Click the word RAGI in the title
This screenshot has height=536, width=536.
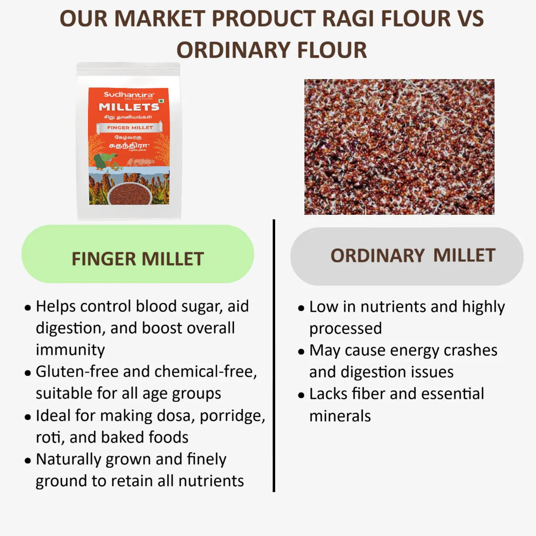pyautogui.click(x=346, y=19)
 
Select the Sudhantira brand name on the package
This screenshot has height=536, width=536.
pyautogui.click(x=129, y=95)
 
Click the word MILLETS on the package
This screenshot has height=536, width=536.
pyautogui.click(x=129, y=107)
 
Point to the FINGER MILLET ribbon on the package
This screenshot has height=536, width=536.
pyautogui.click(x=129, y=128)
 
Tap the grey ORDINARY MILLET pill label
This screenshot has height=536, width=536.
pyautogui.click(x=407, y=256)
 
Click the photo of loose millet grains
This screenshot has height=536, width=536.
pyautogui.click(x=399, y=147)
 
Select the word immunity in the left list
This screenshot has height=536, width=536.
pyautogui.click(x=70, y=350)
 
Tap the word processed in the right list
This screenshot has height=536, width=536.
pyautogui.click(x=345, y=329)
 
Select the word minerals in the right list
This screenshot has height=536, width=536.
pyautogui.click(x=340, y=416)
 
